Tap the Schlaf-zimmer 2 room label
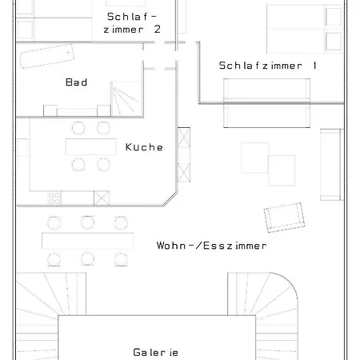131,22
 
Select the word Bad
76,82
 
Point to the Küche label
144,147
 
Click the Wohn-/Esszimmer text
211,246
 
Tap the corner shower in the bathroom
125,99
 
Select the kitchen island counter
90,146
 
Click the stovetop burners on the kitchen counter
56,195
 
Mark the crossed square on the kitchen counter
101,195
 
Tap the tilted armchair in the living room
283,215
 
